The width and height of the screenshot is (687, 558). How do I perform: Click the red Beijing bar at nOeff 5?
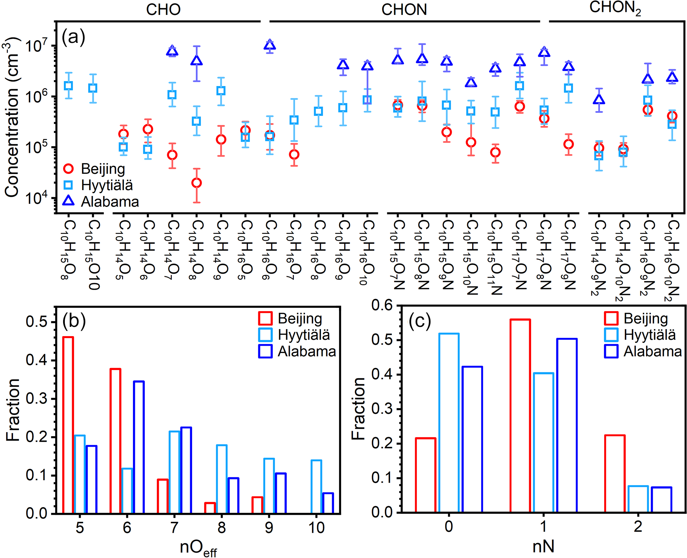(x=68, y=425)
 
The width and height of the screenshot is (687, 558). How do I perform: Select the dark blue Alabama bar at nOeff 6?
(x=139, y=447)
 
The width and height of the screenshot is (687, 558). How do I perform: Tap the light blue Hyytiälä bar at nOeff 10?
(x=316, y=487)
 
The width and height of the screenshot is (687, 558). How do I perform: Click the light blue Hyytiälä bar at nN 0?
(x=449, y=423)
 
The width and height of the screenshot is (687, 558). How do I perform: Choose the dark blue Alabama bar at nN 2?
(x=661, y=500)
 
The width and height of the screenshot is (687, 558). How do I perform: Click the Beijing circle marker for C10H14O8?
(x=196, y=183)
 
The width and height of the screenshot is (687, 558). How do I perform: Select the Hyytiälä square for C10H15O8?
(x=68, y=86)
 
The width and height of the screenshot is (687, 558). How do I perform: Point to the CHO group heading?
(x=163, y=9)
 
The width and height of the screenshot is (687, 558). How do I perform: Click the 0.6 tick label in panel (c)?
(x=382, y=305)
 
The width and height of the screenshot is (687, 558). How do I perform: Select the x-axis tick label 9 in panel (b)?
(x=269, y=528)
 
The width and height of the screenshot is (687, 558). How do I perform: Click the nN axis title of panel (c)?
(x=543, y=546)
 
